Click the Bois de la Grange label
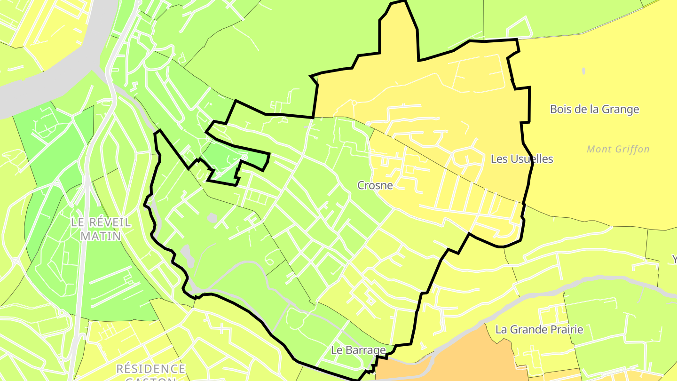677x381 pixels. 594,110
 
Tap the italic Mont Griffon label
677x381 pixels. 618,150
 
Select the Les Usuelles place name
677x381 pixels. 521,159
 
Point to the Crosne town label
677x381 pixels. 375,185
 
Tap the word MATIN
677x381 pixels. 101,236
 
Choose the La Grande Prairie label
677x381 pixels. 539,330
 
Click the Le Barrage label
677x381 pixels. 358,350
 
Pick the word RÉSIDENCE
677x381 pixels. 151,368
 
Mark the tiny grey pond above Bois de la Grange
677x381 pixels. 583,71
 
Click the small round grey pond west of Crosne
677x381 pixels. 212,218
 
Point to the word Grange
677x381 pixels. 619,110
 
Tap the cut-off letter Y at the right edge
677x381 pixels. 674,260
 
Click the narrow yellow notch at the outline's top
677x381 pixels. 399,28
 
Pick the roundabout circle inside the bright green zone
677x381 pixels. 244,158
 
